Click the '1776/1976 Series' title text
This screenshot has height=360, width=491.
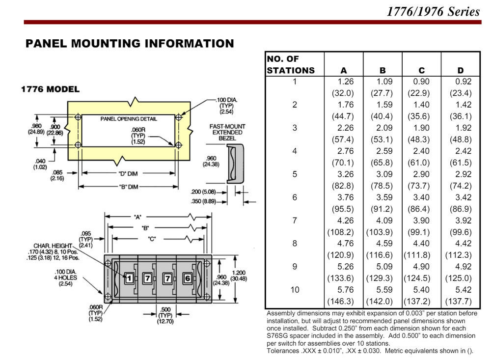point(433,11)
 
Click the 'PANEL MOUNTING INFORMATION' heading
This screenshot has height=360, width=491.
point(130,44)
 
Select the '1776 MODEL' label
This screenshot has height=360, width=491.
point(50,89)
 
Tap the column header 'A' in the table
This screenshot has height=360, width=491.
point(343,71)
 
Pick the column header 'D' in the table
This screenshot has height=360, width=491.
point(460,71)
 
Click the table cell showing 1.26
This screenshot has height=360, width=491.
point(345,82)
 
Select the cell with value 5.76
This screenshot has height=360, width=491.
point(345,290)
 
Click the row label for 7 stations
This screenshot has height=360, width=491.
point(295,221)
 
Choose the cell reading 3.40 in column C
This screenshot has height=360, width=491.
point(421,197)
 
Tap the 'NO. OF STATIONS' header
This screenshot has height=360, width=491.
point(291,65)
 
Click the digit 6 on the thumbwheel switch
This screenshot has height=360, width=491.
point(187,278)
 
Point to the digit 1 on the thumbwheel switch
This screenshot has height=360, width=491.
point(129,278)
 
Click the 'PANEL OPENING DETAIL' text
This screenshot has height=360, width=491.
point(129,119)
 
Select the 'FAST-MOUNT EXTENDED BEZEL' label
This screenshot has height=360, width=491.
point(227,132)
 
